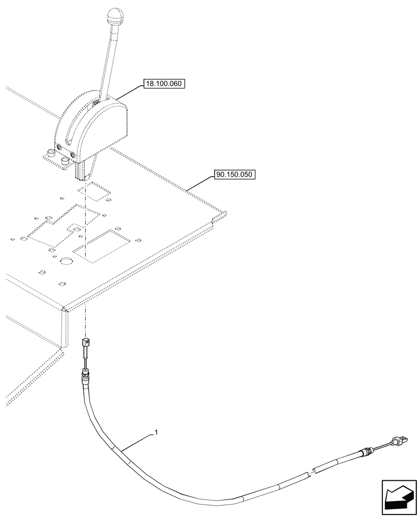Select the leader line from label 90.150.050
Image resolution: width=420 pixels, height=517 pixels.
pyautogui.click(x=199, y=183)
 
